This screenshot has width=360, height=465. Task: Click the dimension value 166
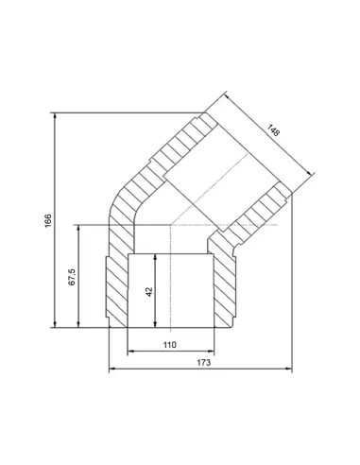(49, 220)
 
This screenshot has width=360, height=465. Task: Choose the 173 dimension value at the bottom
(203, 363)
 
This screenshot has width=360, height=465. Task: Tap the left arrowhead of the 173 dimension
(111, 369)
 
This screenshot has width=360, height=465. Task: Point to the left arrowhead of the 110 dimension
(129, 352)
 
